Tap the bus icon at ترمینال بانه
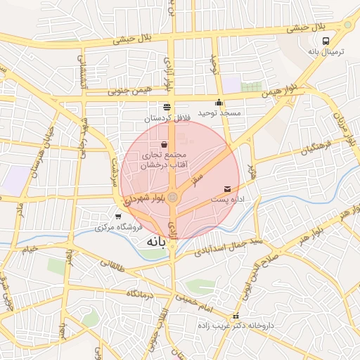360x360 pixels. point(325,41)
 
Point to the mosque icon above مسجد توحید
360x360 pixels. point(219,102)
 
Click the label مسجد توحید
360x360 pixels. point(219,112)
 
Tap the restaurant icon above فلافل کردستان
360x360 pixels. point(167,107)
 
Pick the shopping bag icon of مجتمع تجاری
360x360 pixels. point(163,144)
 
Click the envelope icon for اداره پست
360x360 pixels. point(228,189)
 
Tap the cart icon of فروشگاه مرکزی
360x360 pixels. point(118,217)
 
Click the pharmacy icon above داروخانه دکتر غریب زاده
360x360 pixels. point(236,316)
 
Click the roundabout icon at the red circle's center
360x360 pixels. point(173,198)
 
